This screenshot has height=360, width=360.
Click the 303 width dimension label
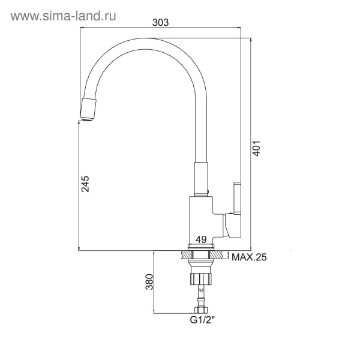click(160, 22)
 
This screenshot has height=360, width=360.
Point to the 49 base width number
click(202, 239)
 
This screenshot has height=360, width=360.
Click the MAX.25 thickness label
click(248, 257)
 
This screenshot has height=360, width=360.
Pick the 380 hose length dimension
click(149, 281)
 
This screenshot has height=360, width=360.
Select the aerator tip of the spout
click(86, 109)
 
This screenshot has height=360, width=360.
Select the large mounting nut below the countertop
click(200, 278)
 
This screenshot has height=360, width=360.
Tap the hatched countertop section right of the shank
click(218, 254)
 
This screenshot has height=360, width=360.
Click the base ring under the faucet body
click(201, 247)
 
